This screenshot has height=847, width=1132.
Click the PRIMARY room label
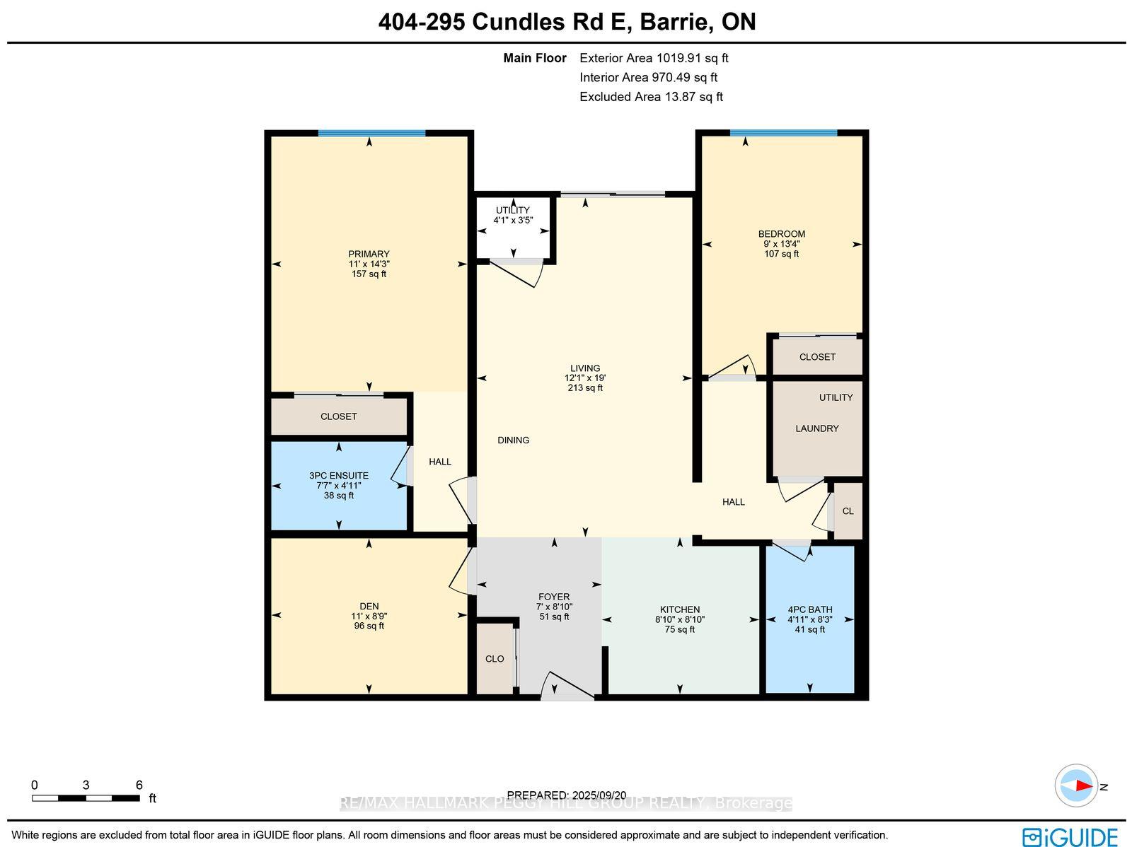[369, 254]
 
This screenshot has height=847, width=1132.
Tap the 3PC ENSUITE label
[339, 476]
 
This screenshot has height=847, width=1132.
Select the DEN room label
[369, 607]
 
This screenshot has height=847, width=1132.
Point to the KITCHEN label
[680, 609]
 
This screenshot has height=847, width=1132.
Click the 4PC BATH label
[809, 609]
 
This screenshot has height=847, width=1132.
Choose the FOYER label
[554, 597]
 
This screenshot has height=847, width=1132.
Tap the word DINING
[513, 440]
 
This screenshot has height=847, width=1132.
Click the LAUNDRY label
[817, 428]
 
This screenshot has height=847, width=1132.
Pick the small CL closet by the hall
[848, 511]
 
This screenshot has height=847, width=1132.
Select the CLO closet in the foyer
[495, 659]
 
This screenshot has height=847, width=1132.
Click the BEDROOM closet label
[817, 356]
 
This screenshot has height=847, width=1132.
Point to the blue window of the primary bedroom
[371, 134]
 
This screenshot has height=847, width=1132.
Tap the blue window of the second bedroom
[783, 133]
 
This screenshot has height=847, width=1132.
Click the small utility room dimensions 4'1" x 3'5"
[513, 220]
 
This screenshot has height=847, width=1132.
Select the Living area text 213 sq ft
[585, 388]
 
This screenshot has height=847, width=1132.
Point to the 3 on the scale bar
[86, 785]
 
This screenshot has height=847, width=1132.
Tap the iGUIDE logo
[1070, 836]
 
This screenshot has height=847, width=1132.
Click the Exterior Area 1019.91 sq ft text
[654, 58]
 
